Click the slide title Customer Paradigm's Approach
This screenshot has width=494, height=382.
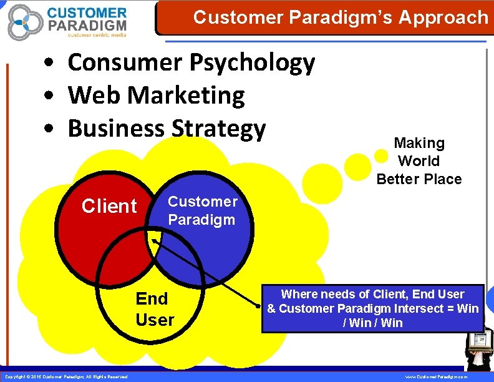pos(341,17)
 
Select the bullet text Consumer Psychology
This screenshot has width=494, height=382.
pos(191,63)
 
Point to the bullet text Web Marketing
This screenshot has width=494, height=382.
pos(156,95)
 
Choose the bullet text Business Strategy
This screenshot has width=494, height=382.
pos(167,128)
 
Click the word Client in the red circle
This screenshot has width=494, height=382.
pos(109,206)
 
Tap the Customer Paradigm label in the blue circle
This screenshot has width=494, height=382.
pos(202,210)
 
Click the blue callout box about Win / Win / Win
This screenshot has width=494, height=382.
pos(373,308)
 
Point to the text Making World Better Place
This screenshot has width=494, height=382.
pos(419,161)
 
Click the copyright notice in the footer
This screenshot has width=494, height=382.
pos(66,377)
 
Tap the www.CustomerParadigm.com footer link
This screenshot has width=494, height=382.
pos(436,377)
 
